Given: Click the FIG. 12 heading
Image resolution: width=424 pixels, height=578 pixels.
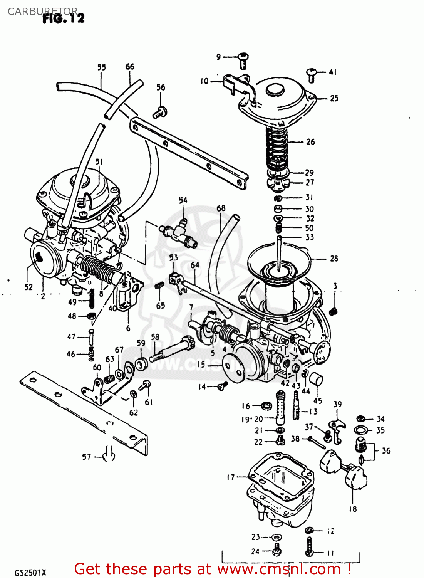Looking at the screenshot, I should (64, 18).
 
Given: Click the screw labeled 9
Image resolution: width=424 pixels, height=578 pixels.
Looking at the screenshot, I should (243, 60).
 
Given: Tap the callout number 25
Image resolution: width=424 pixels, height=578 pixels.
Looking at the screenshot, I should (334, 98).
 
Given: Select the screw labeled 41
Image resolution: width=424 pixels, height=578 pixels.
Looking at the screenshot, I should (312, 75).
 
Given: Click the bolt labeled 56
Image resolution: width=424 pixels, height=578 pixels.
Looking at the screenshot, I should (160, 113).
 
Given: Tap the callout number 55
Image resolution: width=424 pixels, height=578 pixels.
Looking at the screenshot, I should (101, 67).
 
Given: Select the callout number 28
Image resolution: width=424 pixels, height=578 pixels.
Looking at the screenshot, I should (334, 259).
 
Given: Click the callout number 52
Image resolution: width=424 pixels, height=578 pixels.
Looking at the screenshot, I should (28, 287).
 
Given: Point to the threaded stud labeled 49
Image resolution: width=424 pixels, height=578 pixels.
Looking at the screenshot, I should (92, 299).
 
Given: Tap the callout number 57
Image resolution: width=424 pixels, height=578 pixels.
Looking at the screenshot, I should (87, 457).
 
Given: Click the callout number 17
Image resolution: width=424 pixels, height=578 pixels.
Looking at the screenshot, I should (231, 477).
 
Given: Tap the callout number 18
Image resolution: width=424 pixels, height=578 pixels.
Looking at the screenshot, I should (353, 509).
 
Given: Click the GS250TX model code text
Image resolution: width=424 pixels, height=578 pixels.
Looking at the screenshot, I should (30, 573).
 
